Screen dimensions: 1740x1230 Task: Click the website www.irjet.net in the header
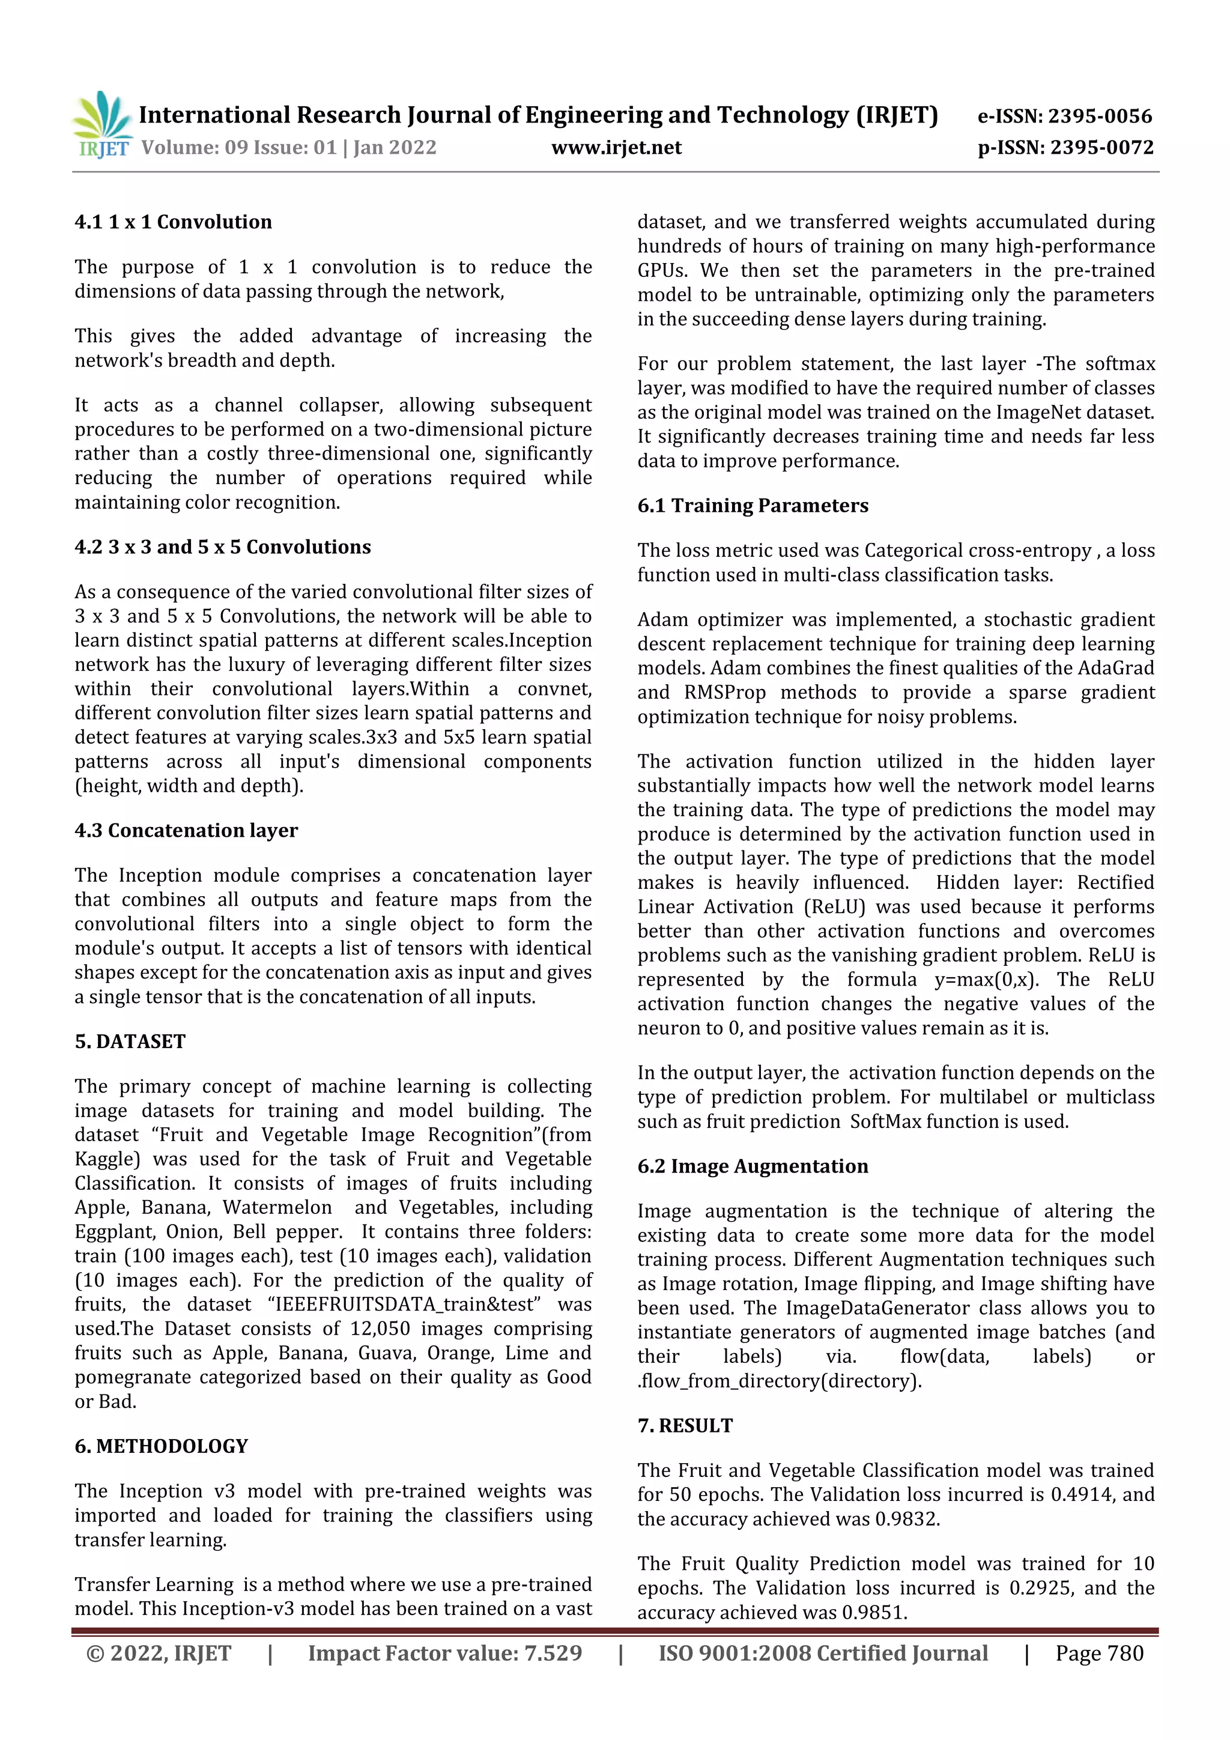click(616, 147)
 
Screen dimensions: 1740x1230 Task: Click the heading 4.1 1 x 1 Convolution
click(173, 222)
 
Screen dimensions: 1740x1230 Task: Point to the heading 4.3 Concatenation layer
click(186, 831)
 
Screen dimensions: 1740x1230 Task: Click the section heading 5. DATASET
click(130, 1041)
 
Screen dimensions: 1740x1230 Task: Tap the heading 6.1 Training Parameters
click(753, 506)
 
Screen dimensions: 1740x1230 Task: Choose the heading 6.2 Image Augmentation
click(753, 1166)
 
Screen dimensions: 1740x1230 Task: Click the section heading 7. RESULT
click(685, 1425)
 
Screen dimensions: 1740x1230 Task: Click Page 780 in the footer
click(1099, 1653)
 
